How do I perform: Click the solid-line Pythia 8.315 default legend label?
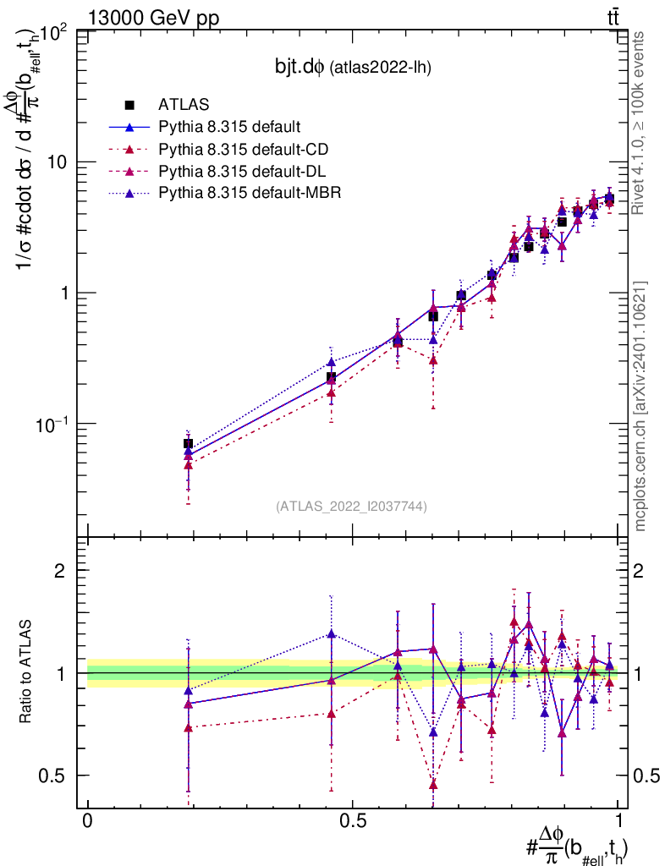229,128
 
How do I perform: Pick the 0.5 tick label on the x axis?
353,821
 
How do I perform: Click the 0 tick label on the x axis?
88,821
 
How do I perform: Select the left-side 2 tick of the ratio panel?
62,571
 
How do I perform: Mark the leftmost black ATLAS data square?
188,443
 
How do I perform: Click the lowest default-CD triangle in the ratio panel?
433,785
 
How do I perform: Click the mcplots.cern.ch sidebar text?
640,406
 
